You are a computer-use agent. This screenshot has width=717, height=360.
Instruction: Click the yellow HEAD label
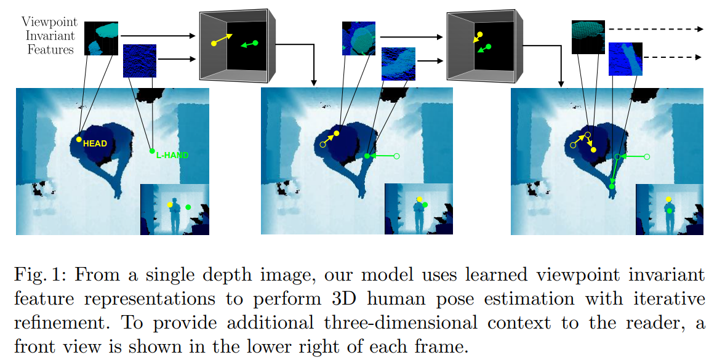pos(95,144)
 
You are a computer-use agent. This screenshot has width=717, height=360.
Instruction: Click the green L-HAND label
pos(172,156)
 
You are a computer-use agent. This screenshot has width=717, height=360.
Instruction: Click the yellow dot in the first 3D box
pos(214,43)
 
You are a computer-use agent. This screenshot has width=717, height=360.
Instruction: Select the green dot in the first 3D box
pos(255,42)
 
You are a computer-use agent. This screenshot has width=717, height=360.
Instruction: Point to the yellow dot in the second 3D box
pos(480,35)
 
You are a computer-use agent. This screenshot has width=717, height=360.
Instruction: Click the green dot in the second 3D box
pos(488,46)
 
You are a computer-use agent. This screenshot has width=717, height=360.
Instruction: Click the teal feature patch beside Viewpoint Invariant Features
pos(101,39)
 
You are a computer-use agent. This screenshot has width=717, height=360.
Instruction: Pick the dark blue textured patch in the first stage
pos(140,60)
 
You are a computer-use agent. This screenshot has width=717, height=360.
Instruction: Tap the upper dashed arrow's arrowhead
pos(700,29)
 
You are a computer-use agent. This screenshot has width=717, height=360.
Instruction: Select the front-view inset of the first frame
pos(175,209)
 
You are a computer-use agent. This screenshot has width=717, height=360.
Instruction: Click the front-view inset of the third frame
pos(668,209)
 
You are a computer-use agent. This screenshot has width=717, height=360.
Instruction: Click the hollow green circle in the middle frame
pos(396,156)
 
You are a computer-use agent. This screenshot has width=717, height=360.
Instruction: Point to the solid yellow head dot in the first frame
pos(79,140)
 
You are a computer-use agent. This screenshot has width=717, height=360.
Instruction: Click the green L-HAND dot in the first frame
pos(152,151)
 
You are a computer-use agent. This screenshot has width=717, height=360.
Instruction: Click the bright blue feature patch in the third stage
pos(625,59)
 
